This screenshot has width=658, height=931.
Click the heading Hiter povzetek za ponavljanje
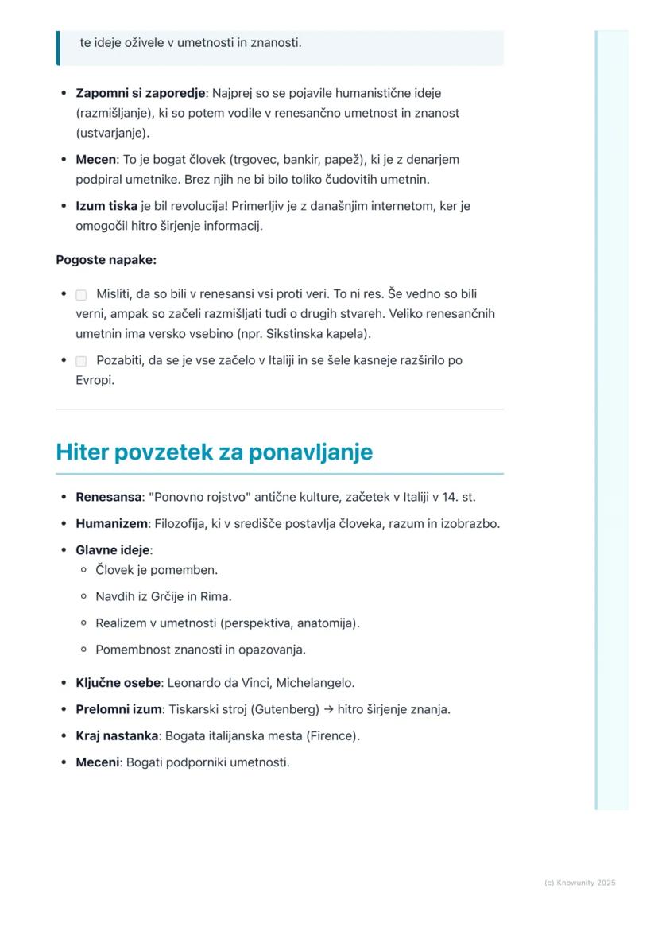[x=214, y=452]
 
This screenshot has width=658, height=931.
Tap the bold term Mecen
[x=95, y=160]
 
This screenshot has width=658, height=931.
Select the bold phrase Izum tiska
[x=106, y=207]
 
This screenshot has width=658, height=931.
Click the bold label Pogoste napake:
[x=106, y=260]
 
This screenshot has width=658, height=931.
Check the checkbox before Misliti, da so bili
[x=81, y=295]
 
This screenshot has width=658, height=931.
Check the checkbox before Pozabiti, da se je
[x=81, y=361]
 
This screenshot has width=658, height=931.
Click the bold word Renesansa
[x=108, y=498]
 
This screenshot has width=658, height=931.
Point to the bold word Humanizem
[x=111, y=524]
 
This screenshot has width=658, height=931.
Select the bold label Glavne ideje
[x=112, y=550]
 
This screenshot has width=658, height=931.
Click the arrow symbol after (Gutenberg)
[x=329, y=709]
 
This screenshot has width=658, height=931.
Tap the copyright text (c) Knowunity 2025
[x=579, y=883]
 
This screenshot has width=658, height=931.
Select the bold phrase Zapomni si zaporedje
[x=140, y=94]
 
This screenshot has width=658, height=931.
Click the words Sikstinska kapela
[x=318, y=334]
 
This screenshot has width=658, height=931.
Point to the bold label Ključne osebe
[x=118, y=683]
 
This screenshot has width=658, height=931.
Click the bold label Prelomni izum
[x=118, y=709]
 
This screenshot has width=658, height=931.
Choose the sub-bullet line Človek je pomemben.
[x=156, y=570]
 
